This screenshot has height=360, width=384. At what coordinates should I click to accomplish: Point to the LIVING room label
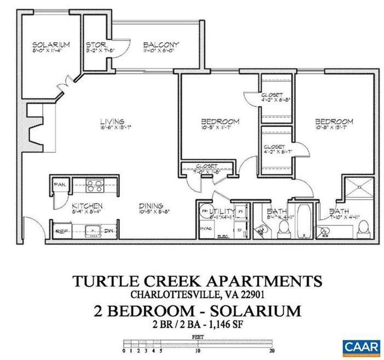point(112,121)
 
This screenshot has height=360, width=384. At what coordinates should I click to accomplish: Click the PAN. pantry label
point(60,185)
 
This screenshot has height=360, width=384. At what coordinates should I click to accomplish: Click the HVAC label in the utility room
point(206,226)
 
